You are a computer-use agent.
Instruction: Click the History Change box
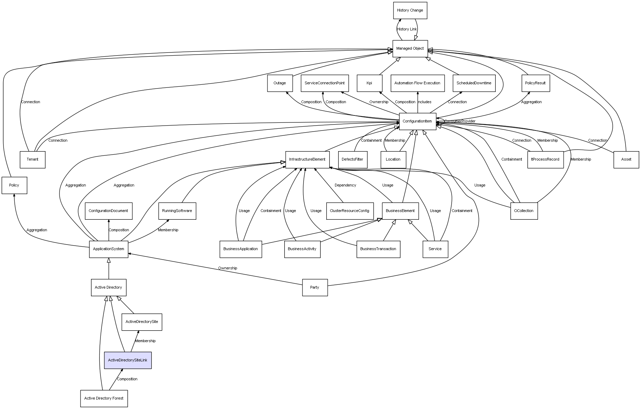[410, 10]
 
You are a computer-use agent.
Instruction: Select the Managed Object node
[410, 49]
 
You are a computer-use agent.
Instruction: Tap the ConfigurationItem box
[418, 121]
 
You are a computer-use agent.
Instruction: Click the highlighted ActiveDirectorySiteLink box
[128, 360]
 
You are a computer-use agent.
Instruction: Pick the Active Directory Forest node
[104, 399]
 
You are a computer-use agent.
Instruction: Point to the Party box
[315, 288]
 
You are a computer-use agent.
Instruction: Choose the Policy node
[14, 185]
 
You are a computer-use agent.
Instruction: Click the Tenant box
[33, 160]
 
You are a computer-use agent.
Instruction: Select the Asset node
[626, 160]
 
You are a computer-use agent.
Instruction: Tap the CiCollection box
[524, 211]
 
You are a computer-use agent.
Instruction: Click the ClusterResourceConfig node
[349, 211]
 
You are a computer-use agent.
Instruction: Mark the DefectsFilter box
[353, 160]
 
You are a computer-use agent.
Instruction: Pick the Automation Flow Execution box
[418, 83]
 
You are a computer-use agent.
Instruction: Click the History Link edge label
[407, 29]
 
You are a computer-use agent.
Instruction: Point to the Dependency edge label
[346, 185]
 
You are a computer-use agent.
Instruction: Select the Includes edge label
[425, 102]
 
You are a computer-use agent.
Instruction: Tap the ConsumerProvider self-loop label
[460, 121]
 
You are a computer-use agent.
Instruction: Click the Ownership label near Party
[228, 268]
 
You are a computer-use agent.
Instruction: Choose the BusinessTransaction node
[378, 249]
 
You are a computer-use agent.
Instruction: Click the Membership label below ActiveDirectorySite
[146, 341]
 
